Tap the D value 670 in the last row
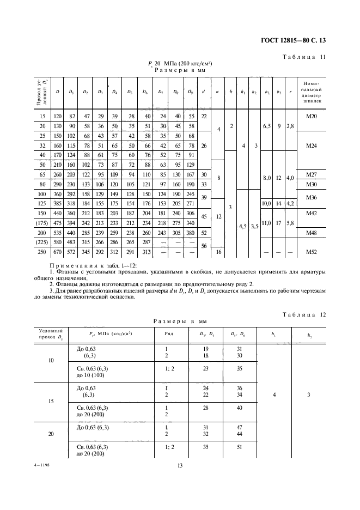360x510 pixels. pyautogui.click(x=57, y=253)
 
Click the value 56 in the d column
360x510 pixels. pyautogui.click(x=203, y=247)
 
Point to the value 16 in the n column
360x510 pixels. pyautogui.click(x=218, y=253)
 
